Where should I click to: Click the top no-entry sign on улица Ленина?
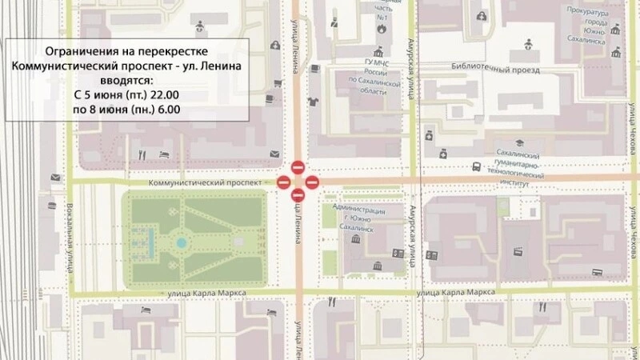coord(297,168)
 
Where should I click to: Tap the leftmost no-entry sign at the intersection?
coord(283,183)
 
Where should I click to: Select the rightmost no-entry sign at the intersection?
coord(312,183)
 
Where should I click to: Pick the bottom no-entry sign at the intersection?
coord(297,195)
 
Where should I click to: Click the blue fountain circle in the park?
coord(182,242)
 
